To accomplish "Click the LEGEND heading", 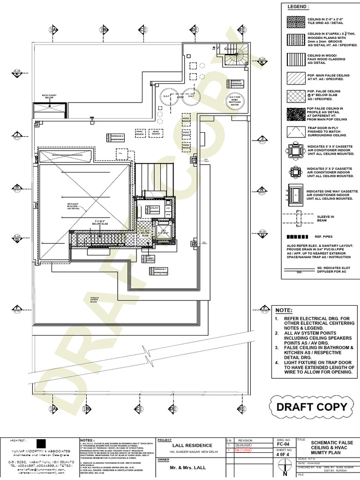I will pyautogui.click(x=298, y=7).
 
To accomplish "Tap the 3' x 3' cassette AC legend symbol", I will pyautogui.click(x=295, y=150).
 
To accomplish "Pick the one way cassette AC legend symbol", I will pyautogui.click(x=295, y=193).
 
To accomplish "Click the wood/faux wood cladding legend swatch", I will pyautogui.click(x=295, y=59).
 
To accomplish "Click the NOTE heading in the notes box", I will pyautogui.click(x=283, y=310).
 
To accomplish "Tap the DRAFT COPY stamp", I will pyautogui.click(x=312, y=406).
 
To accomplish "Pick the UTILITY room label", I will pyautogui.click(x=154, y=208).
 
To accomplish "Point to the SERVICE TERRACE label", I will pyautogui.click(x=236, y=82).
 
